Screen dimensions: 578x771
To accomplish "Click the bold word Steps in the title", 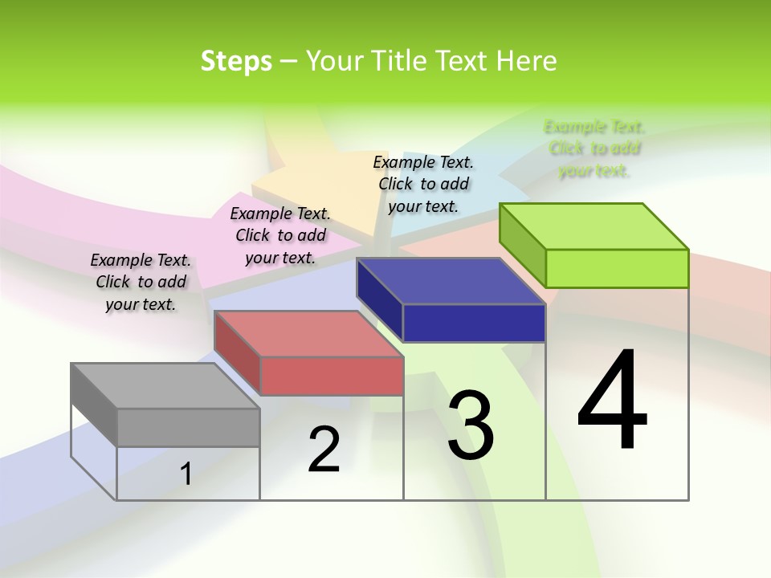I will point(236,61).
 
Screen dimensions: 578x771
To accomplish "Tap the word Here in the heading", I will point(528,61).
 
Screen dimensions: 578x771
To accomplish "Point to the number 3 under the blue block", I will point(471,425).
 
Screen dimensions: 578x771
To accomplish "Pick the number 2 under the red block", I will point(324,450).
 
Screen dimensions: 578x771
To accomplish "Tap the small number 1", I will point(186,474).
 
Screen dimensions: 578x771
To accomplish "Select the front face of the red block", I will point(332,376).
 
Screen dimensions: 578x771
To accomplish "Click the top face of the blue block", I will point(451,282).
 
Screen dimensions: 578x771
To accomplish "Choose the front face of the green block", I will point(617,268).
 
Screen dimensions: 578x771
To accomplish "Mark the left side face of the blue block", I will point(379,300).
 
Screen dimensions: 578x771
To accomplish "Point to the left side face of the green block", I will point(522,244).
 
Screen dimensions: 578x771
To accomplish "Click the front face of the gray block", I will point(188,427).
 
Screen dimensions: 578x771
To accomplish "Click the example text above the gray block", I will point(141,283).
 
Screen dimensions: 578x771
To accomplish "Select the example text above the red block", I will point(280,236).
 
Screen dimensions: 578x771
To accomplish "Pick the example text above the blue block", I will point(423,185).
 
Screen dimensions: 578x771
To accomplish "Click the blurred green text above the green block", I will point(594,149).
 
